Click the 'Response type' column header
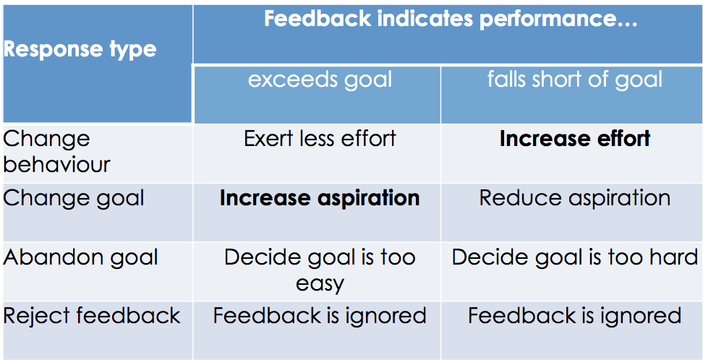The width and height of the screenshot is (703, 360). [x=80, y=50]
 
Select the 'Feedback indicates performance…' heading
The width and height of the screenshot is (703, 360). [x=451, y=20]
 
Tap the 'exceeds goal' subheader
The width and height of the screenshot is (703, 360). [x=320, y=79]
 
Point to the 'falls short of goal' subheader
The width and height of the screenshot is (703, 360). [x=574, y=79]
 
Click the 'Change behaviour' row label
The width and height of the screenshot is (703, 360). [x=56, y=151]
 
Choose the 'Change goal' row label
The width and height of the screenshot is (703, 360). [x=74, y=198]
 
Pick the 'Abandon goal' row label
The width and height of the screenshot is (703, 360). [x=80, y=257]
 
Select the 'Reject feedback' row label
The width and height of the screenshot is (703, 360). [x=92, y=316]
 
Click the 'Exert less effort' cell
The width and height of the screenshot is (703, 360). [x=320, y=138]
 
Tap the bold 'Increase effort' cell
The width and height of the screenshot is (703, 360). [x=575, y=138]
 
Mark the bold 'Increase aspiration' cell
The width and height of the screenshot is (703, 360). [x=320, y=198]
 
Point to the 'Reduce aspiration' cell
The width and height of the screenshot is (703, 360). [x=575, y=198]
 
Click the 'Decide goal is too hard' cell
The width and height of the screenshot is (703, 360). [x=575, y=257]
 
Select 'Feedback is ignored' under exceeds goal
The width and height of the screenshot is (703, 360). [x=320, y=316]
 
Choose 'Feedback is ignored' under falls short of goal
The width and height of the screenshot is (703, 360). [x=575, y=316]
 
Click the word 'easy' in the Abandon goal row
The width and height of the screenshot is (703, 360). [x=320, y=283]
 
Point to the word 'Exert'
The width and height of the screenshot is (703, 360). [x=268, y=138]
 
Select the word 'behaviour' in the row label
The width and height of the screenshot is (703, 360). [x=56, y=164]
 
